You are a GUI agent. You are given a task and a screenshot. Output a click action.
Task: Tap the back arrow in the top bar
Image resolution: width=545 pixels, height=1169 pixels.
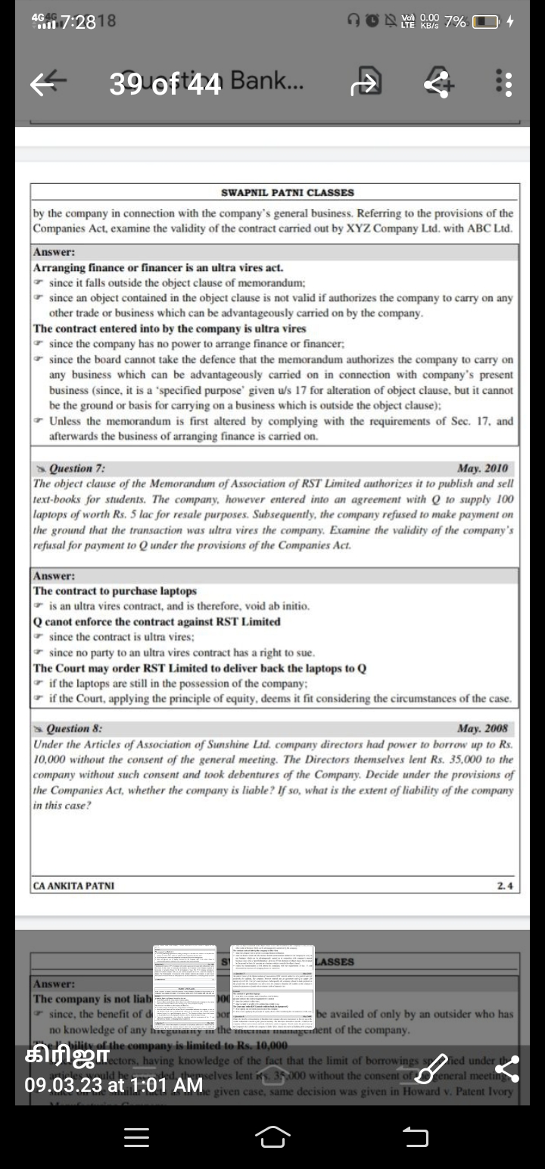click(x=44, y=84)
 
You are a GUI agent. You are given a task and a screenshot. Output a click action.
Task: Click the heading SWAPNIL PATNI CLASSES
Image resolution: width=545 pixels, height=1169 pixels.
click(x=287, y=193)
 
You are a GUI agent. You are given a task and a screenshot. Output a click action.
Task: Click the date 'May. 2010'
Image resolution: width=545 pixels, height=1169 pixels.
click(x=483, y=469)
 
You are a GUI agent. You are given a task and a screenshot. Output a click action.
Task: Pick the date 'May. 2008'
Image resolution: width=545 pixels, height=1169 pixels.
click(x=483, y=729)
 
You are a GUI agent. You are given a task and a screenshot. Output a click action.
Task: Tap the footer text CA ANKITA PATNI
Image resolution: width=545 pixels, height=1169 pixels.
click(x=74, y=885)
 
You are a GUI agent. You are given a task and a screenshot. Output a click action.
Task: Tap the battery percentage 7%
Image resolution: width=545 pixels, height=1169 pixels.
click(x=455, y=22)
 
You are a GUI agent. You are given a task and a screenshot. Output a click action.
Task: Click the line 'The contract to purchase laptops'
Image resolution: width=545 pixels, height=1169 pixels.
click(x=115, y=591)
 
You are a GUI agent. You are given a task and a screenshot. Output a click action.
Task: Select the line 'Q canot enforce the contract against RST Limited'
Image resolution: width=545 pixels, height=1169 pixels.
click(x=157, y=622)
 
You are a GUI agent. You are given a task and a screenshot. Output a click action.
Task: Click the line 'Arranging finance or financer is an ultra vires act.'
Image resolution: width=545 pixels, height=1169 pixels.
click(x=159, y=267)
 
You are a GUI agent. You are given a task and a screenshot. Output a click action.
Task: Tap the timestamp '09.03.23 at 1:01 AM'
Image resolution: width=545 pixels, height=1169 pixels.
click(x=114, y=1085)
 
